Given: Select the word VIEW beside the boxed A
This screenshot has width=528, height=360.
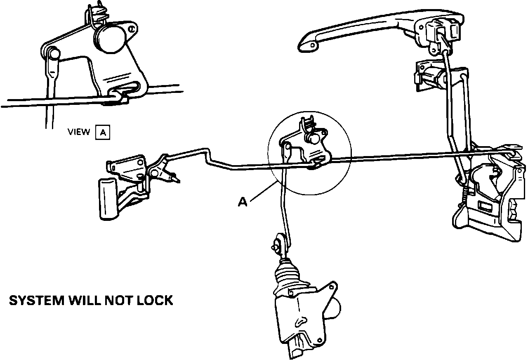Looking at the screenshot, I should coord(78,132).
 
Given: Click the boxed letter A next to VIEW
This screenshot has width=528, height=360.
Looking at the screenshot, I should coord(103,133).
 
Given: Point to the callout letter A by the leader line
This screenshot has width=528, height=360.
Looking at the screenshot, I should coord(243,202).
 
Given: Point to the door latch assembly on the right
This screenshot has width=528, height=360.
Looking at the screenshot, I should coord(491,194).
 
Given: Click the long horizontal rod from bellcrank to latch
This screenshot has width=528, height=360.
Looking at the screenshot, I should coord(412,155).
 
